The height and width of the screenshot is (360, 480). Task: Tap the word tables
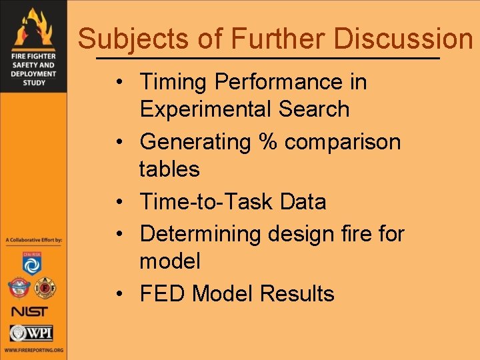169,169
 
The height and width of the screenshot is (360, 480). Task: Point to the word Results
297,293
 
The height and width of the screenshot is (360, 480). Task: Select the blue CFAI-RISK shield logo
32,263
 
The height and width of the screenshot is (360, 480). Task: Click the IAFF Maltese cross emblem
45,287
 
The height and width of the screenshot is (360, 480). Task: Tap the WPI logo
31,333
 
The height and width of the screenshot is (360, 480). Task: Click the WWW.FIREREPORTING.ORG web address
33,350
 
